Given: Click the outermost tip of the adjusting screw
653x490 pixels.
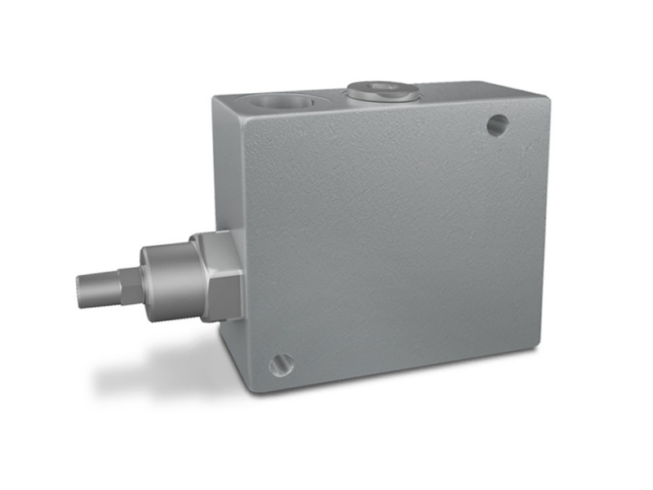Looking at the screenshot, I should tap(80, 287).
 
